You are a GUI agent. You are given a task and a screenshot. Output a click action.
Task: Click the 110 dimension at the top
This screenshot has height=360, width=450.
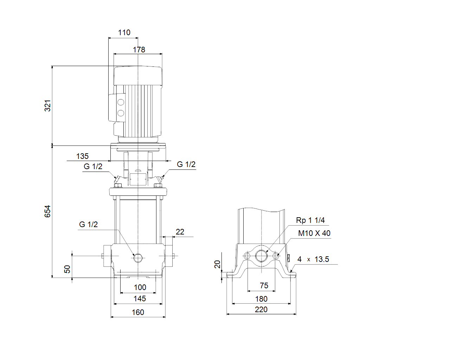tap(124, 33)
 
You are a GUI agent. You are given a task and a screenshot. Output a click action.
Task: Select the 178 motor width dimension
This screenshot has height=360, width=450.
tap(139, 50)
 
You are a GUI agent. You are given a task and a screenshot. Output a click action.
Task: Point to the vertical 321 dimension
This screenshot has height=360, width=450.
tap(48, 105)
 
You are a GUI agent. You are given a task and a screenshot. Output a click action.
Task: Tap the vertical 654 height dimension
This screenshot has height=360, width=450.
tap(48, 211)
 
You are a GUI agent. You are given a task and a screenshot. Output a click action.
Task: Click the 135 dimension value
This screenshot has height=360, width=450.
tap(82, 156)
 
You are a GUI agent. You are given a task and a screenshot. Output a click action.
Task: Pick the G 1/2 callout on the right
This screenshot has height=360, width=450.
tap(186, 165)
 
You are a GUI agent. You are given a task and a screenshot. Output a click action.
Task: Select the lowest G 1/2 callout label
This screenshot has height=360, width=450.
tap(89, 224)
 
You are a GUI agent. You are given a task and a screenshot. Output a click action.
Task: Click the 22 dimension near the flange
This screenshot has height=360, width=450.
tap(180, 232)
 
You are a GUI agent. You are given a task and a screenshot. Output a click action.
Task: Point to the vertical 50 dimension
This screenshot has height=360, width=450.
tap(67, 269)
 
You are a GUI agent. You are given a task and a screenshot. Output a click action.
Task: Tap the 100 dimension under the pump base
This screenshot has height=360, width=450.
tap(140, 288)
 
